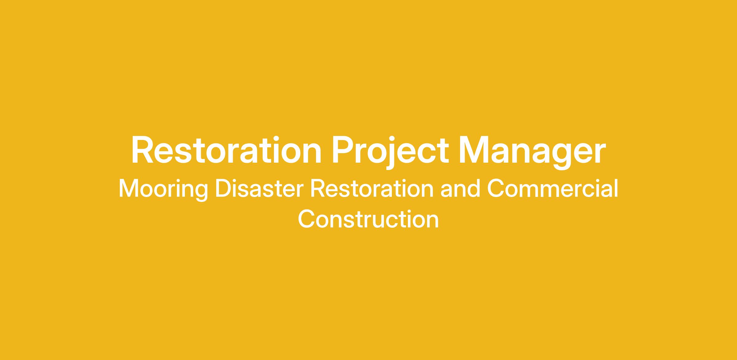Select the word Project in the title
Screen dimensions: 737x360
[x=390, y=152]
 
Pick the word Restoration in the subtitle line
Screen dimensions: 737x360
[x=372, y=188]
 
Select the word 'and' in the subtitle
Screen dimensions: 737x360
[x=460, y=188]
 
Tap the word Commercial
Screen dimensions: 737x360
[x=552, y=188]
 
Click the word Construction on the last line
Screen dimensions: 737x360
[x=368, y=219]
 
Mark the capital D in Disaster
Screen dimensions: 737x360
[x=223, y=188]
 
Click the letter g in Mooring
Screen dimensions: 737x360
[x=201, y=193]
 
